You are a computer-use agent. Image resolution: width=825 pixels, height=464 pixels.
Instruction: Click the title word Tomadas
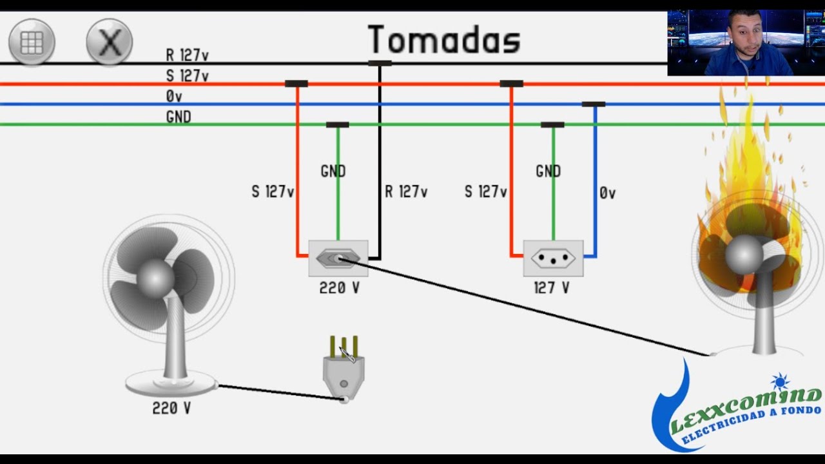point(444,39)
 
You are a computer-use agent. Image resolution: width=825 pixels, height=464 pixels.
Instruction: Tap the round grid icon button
point(32,42)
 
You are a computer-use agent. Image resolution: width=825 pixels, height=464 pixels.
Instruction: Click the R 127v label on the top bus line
point(187,55)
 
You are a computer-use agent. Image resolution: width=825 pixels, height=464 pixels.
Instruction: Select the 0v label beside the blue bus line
point(174,97)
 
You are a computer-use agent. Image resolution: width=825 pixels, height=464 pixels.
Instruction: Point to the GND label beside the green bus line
point(179,117)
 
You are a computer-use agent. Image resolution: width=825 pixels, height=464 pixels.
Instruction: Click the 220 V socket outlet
point(338,258)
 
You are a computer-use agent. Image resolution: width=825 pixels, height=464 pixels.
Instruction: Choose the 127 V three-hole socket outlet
point(553,258)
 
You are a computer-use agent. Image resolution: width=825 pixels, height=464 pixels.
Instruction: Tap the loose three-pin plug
point(344,368)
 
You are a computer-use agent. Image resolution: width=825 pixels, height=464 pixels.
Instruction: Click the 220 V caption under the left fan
point(171,408)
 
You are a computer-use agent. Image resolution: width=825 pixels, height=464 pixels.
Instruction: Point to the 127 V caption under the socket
point(552,287)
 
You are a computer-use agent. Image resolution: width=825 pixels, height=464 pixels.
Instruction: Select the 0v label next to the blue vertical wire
point(607,193)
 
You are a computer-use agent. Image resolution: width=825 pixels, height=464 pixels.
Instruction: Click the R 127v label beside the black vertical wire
point(406,191)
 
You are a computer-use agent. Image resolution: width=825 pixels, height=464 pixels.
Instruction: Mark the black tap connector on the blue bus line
point(594,104)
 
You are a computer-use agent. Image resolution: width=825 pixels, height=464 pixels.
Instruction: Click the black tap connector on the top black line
point(380,63)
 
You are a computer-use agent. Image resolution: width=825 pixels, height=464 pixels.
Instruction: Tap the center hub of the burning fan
point(744,254)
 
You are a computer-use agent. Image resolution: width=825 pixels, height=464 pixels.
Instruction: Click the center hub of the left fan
point(155,278)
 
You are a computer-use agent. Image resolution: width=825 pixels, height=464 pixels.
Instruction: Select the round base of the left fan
point(171,383)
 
